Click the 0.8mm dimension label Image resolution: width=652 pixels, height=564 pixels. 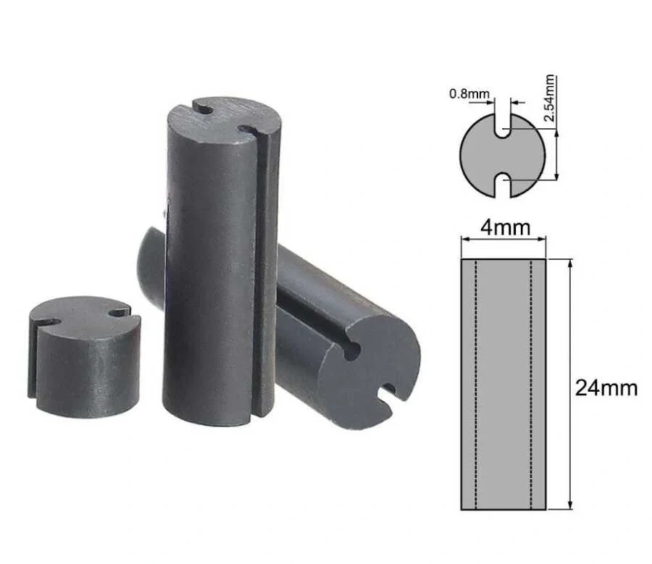[469, 94]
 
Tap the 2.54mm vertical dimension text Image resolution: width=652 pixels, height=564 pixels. [549, 98]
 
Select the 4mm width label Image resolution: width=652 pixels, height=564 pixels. [505, 228]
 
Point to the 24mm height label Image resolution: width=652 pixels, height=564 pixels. [606, 388]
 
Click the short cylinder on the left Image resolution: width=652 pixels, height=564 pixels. [85, 357]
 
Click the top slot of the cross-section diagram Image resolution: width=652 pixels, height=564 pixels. [502, 125]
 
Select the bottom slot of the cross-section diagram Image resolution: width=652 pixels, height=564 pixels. [502, 185]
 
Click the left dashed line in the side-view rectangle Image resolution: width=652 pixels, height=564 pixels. [476, 384]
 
